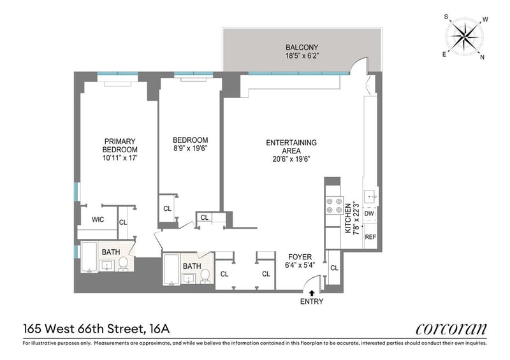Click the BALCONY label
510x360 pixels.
[x=302, y=48]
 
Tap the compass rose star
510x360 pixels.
[x=464, y=36]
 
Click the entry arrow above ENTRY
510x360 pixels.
[x=312, y=292]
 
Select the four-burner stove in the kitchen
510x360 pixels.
[x=334, y=206]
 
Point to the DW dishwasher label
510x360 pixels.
[x=369, y=213]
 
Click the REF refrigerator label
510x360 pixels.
[x=370, y=237]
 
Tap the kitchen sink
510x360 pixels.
[x=370, y=196]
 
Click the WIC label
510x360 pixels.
[x=98, y=220]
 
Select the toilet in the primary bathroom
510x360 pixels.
[x=123, y=263]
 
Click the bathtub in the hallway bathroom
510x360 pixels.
[x=171, y=270]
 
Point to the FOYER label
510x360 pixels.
[x=300, y=257]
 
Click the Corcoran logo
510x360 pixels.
[x=451, y=329]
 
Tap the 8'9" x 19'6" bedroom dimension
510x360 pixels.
[x=190, y=148]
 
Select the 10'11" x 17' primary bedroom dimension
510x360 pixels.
[x=120, y=159]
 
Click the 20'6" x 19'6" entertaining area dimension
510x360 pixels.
[x=291, y=159]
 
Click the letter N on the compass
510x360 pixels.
[x=482, y=57]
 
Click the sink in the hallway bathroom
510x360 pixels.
[x=189, y=278]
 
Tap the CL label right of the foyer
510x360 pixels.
[x=334, y=268]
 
